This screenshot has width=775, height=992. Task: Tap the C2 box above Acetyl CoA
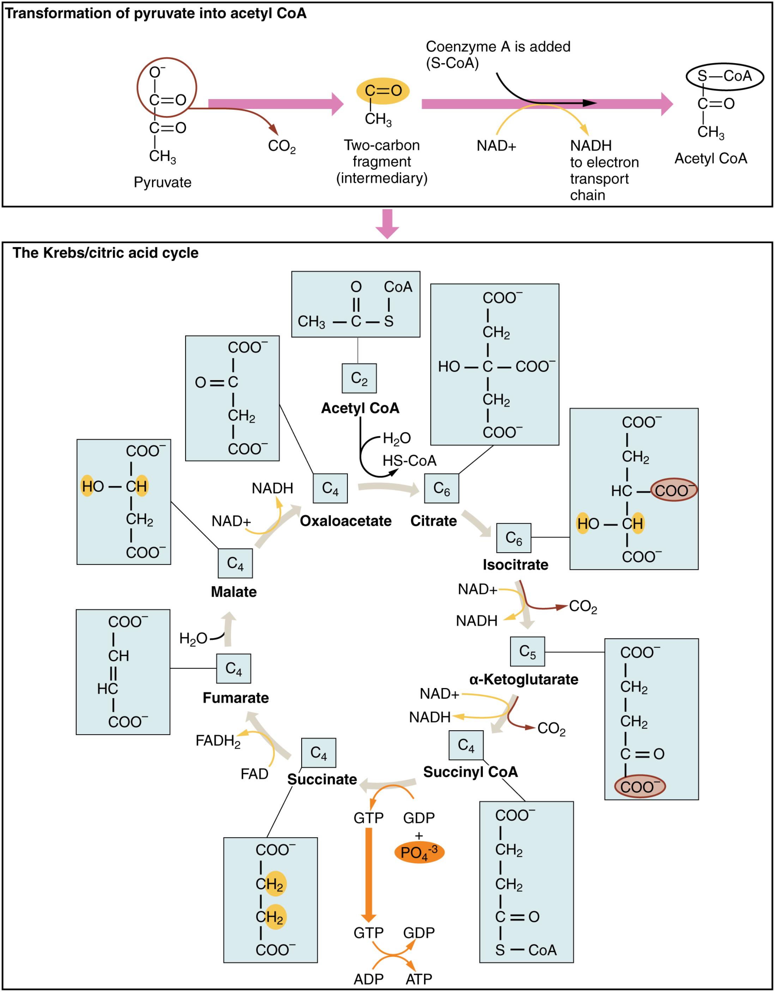click(359, 378)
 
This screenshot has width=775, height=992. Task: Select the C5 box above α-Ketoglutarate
click(527, 651)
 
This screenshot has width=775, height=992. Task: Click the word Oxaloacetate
click(345, 521)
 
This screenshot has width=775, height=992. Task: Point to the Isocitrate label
click(515, 565)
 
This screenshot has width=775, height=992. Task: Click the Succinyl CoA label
click(470, 772)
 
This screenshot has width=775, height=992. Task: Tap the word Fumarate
click(235, 698)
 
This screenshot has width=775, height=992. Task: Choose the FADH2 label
click(218, 741)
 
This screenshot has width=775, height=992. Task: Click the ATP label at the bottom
click(418, 979)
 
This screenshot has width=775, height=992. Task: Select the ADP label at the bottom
click(368, 979)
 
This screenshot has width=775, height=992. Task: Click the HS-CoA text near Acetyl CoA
click(409, 461)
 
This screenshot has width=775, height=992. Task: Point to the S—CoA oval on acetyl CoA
click(724, 76)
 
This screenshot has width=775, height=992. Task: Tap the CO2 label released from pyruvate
click(281, 146)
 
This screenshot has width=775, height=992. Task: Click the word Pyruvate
click(162, 182)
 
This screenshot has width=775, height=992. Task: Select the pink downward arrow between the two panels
click(387, 223)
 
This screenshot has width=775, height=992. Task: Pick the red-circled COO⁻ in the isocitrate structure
click(674, 490)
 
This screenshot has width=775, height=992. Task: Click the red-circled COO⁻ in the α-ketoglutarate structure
click(639, 787)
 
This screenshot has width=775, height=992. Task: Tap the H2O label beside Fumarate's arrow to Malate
click(193, 639)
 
